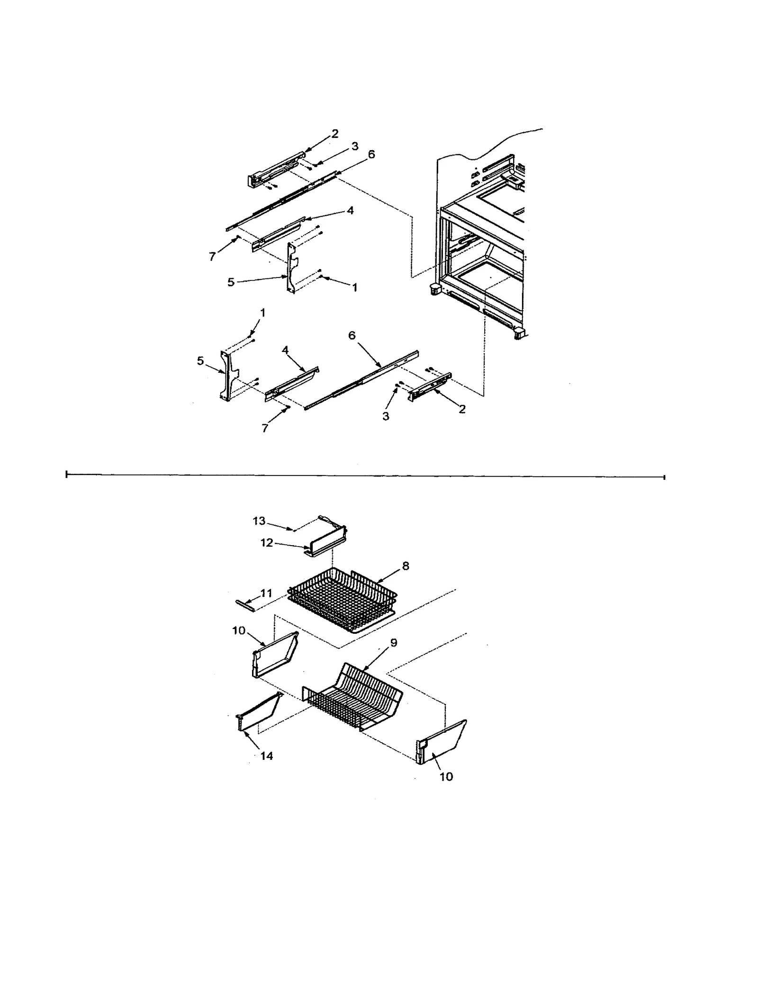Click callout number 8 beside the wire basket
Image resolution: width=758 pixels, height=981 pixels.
(406, 566)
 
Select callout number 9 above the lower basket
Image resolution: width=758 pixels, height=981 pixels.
(393, 643)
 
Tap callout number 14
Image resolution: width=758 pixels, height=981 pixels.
(267, 756)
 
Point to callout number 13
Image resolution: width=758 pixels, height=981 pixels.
(259, 521)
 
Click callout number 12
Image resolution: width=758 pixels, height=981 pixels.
(267, 543)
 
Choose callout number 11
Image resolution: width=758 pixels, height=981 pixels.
(266, 593)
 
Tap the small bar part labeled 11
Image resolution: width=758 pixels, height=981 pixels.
(245, 604)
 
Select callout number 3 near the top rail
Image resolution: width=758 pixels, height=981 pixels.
(355, 147)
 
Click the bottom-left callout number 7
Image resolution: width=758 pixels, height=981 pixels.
(265, 428)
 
